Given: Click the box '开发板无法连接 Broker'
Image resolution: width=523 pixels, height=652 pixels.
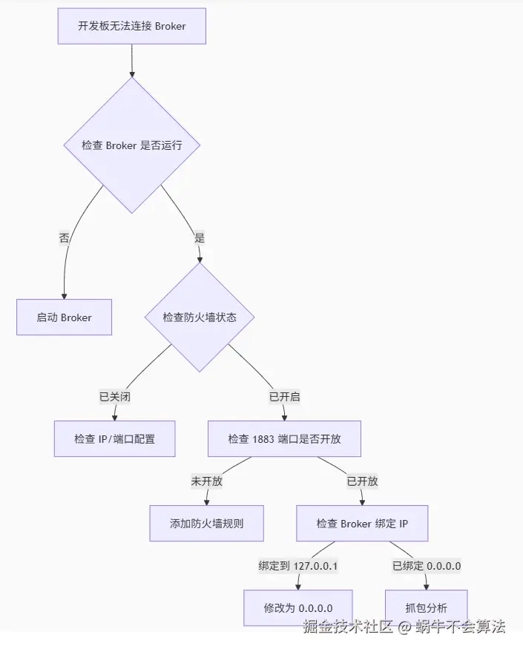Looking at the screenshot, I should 132,26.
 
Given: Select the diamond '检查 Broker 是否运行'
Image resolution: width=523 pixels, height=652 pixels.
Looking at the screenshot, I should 132,145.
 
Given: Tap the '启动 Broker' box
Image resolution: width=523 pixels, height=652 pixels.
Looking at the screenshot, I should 65,317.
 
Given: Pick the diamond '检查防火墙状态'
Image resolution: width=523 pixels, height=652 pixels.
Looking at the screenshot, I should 200,317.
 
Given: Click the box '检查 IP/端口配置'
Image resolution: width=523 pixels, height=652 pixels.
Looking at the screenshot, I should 115,439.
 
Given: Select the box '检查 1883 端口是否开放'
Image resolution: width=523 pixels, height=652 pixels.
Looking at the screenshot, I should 284,439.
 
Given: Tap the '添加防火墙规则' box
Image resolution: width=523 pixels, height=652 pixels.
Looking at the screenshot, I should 207,524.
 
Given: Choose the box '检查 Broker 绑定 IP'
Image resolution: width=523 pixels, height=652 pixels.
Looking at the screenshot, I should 362,524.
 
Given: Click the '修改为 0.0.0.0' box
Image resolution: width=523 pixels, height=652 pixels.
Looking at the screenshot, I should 298,607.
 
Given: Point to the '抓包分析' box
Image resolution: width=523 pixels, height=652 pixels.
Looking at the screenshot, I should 427,607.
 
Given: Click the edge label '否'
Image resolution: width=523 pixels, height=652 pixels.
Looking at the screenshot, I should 65,238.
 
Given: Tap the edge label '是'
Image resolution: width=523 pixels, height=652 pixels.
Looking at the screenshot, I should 199,238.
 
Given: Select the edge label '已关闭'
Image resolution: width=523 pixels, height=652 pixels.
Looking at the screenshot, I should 115,397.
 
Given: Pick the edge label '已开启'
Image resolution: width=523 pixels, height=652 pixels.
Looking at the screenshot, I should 284,397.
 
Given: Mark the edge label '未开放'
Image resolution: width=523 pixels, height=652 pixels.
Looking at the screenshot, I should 207,481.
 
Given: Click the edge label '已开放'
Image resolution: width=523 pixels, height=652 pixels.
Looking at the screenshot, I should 362,481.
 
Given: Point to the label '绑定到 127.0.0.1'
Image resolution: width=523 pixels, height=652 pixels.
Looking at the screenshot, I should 298,565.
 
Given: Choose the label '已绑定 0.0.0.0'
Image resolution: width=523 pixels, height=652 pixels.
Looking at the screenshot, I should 427,565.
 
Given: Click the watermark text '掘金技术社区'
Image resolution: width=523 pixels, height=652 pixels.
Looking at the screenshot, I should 347,627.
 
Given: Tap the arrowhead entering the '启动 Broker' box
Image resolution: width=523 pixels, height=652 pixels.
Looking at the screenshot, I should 65,295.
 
